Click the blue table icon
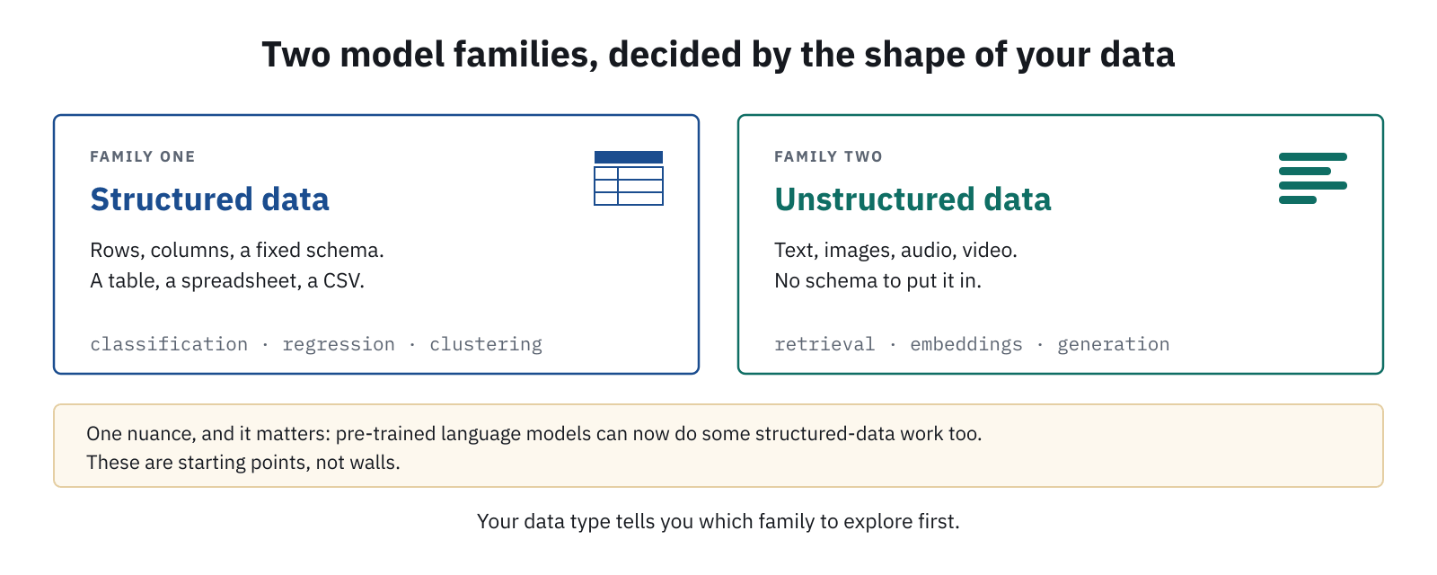[629, 179]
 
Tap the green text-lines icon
[1312, 179]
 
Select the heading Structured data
[210, 199]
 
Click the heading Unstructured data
[912, 199]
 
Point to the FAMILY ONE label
[143, 156]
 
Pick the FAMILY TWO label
[828, 156]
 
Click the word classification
[169, 345]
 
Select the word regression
[339, 346]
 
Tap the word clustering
[486, 345]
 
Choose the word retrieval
[824, 345]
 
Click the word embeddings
[966, 345]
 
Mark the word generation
[1113, 345]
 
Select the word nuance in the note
[163, 434]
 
